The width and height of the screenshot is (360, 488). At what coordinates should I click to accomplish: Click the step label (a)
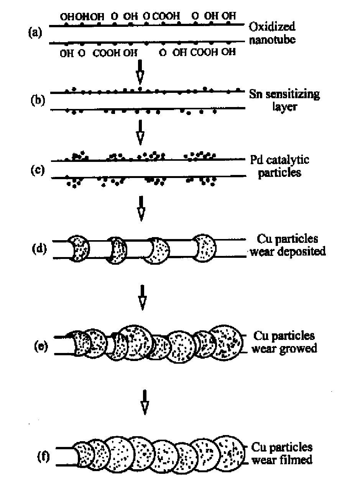[35, 33]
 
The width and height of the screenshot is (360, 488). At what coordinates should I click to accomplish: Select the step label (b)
[38, 101]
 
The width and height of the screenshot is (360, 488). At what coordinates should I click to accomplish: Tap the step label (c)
[38, 170]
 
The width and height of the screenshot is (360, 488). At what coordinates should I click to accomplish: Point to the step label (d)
[39, 249]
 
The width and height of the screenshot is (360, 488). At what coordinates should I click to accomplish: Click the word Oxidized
[272, 26]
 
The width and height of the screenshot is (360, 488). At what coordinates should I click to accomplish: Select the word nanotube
[272, 40]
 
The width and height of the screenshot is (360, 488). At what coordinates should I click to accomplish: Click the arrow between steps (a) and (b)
[140, 72]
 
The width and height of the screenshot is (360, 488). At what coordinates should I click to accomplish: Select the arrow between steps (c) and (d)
[141, 208]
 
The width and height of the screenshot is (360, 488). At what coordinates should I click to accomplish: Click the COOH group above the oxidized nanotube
[166, 16]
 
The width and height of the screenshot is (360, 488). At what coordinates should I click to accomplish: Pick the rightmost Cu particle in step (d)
[204, 248]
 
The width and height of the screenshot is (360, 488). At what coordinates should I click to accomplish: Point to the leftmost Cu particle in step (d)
[78, 248]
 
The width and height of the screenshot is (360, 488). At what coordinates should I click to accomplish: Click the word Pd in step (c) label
[256, 160]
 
